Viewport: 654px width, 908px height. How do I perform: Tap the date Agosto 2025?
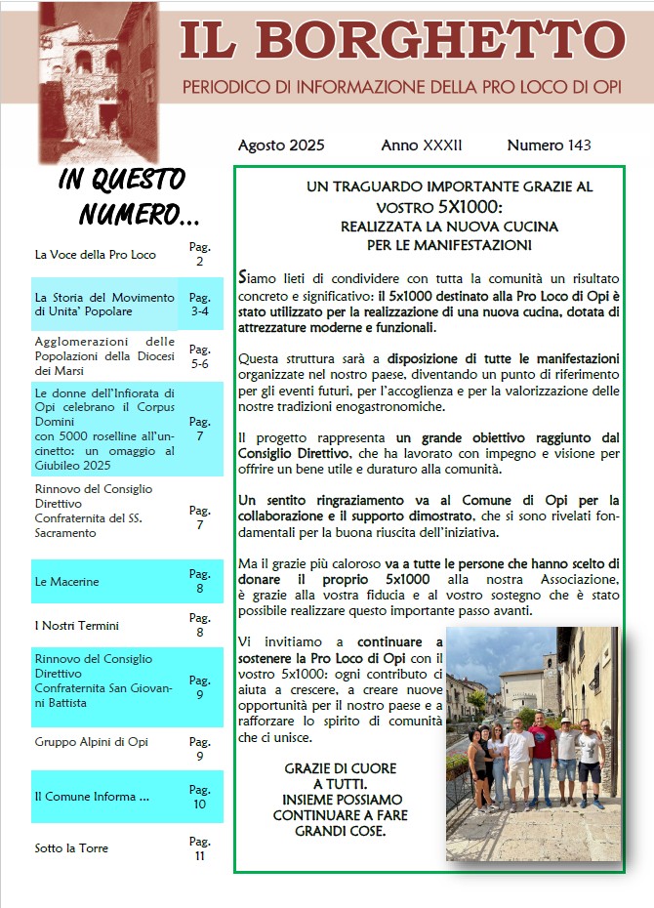(281, 145)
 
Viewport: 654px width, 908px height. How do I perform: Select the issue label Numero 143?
(549, 145)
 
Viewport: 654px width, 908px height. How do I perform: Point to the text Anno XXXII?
(422, 145)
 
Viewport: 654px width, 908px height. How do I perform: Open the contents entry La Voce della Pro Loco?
(95, 255)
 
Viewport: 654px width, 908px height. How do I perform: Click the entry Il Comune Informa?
(92, 797)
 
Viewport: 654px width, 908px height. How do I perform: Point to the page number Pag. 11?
(199, 847)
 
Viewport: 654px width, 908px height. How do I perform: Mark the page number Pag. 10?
(199, 797)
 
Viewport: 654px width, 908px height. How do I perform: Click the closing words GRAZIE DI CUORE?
(329, 768)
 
